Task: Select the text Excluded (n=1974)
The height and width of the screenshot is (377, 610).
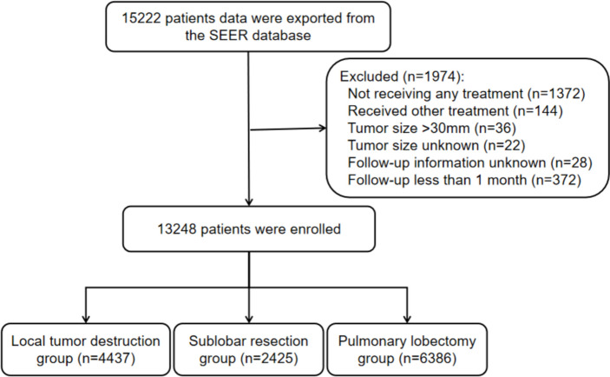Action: tap(402, 76)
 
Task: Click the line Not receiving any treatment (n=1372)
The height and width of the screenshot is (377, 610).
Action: tap(466, 94)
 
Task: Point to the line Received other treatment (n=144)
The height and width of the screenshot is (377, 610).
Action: tap(456, 111)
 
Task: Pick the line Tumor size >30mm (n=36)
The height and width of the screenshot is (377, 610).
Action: tap(431, 129)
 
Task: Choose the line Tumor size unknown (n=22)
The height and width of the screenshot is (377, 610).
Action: tap(436, 145)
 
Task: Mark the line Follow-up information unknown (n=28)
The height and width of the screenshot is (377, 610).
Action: tap(470, 162)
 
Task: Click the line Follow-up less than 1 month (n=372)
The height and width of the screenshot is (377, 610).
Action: tap(464, 180)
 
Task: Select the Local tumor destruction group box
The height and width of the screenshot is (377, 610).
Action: tap(86, 349)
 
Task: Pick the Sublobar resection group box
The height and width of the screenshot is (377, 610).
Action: tap(248, 349)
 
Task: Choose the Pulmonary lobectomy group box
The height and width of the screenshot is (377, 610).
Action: tap(407, 349)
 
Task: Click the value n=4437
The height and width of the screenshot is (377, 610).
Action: tap(107, 358)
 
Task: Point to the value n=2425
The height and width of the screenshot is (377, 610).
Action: tap(269, 358)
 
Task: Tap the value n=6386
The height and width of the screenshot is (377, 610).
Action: tap(428, 358)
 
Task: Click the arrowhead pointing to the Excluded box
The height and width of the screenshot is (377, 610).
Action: tap(323, 129)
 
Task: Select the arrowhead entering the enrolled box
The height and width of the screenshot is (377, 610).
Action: tap(249, 202)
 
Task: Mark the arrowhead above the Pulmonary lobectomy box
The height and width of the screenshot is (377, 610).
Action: tap(407, 319)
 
